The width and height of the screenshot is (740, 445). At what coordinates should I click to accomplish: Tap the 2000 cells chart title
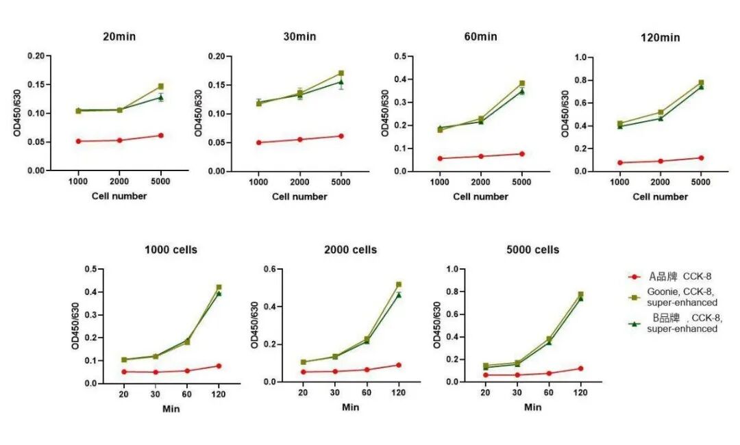coord(350,250)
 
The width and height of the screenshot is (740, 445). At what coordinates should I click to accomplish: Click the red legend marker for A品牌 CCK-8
coord(635,277)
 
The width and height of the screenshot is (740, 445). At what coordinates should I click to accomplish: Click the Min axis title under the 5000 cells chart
coord(532,407)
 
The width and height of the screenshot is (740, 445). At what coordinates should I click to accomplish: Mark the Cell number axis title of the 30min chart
coord(299,196)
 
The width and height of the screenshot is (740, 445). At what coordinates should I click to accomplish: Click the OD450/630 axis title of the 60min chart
coord(386,113)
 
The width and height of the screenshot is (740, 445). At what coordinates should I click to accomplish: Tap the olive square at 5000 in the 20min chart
coord(161,86)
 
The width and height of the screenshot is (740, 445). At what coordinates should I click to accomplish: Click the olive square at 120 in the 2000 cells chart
coord(399,284)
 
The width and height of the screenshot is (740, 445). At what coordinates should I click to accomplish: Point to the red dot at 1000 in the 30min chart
coord(258,142)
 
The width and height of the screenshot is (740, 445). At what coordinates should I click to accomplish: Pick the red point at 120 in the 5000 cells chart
coord(580,368)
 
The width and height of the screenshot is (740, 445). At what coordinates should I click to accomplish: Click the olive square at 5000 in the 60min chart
coord(522,84)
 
